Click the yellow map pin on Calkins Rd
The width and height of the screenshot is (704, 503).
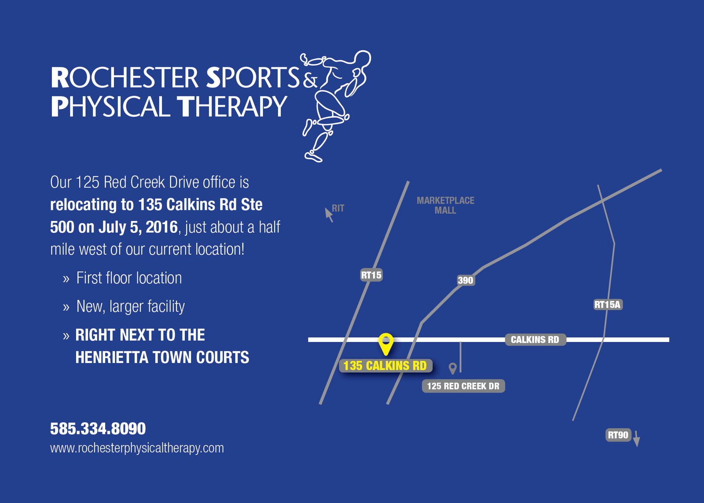click(385, 344)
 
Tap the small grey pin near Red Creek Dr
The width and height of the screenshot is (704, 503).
click(453, 368)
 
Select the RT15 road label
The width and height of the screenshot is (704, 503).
click(371, 275)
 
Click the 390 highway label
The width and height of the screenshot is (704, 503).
click(466, 280)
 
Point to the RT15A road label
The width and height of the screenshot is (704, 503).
click(608, 305)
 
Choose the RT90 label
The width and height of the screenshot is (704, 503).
click(618, 435)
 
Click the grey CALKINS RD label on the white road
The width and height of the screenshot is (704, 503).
click(535, 340)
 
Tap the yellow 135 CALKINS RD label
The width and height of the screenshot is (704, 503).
click(385, 366)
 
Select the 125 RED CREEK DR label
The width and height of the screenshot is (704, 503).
click(463, 386)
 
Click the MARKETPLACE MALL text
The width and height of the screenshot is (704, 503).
click(445, 205)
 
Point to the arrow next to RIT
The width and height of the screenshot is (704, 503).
click(329, 215)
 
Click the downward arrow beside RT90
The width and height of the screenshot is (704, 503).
click(636, 439)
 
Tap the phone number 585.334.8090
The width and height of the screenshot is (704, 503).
click(98, 429)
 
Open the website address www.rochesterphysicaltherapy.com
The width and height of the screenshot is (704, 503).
click(137, 448)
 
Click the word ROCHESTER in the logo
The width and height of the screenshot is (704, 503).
click(125, 77)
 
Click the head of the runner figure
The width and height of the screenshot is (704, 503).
click(363, 60)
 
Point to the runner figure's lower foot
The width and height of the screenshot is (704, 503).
click(313, 157)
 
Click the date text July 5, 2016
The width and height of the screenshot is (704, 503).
click(138, 227)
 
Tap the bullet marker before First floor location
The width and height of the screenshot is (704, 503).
click(66, 279)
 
